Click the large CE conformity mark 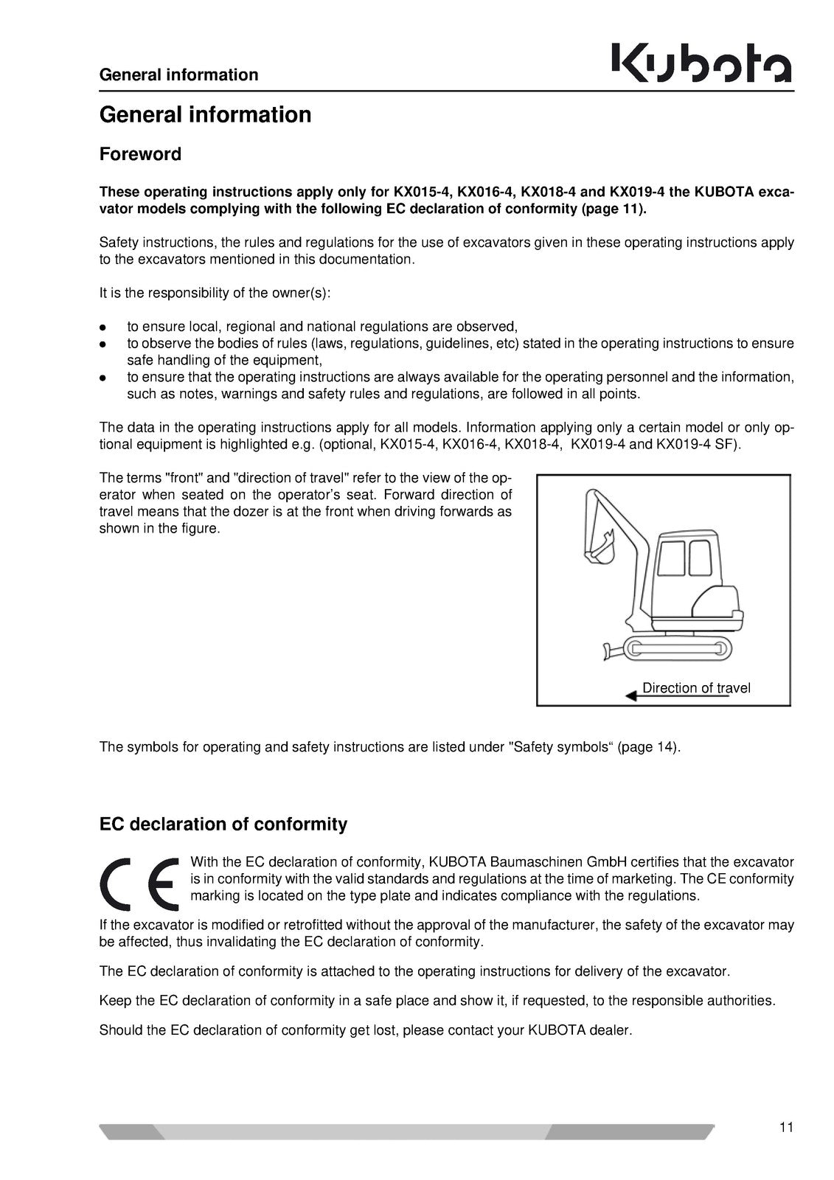[140, 884]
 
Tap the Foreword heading [140, 154]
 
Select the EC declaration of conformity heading [223, 824]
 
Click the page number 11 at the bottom [785, 1127]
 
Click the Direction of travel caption [696, 688]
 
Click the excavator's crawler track [676, 648]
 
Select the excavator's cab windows [684, 558]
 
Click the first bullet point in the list [104, 327]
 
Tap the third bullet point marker [104, 377]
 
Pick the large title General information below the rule [205, 115]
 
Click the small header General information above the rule [178, 74]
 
